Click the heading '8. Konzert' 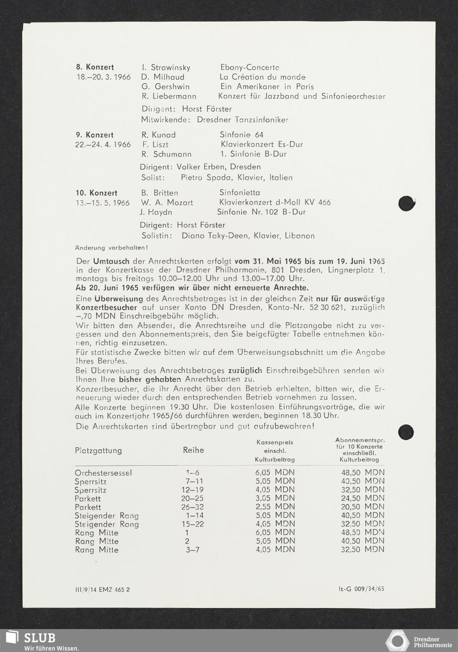(95, 67)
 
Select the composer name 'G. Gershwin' (165, 87)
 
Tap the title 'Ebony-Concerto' (250, 67)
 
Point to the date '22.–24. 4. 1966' (103, 145)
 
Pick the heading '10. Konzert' (96, 193)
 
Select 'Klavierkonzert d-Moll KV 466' (275, 202)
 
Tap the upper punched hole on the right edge (406, 203)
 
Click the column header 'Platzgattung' (98, 451)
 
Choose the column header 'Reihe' (193, 450)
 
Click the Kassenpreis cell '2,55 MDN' (275, 507)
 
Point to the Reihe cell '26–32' (192, 507)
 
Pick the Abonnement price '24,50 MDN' (362, 498)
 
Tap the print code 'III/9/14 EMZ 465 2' (102, 590)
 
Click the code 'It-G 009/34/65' (361, 589)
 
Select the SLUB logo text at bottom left (40, 638)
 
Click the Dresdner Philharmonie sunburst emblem (397, 641)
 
